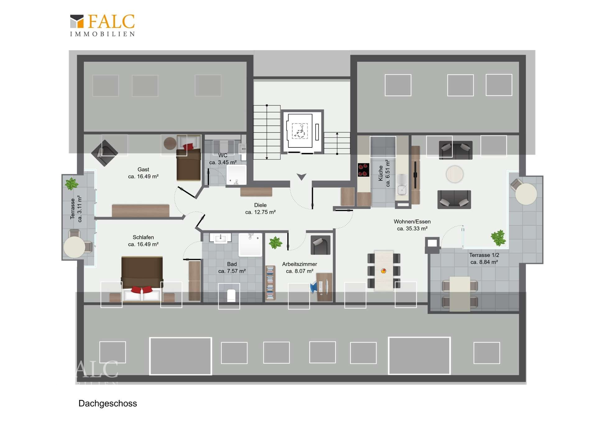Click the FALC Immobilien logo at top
coord(102,25)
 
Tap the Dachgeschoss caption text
coord(108,403)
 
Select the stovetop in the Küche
coord(363,170)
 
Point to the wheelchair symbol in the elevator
coord(300,131)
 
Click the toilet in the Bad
coord(231,295)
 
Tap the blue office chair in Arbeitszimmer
coord(314,287)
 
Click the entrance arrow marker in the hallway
coord(301,177)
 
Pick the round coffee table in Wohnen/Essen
coord(455,174)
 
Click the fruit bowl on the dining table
coord(383,271)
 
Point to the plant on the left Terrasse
coord(72,184)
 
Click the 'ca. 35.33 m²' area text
coord(412,229)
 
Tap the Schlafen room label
coord(143,237)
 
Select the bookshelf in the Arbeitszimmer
coord(270,283)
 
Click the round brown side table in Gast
coord(170,143)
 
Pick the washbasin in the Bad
coord(220,238)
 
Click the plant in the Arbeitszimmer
coord(275,243)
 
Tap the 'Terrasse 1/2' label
coord(484,255)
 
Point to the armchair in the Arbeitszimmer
coord(320,245)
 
